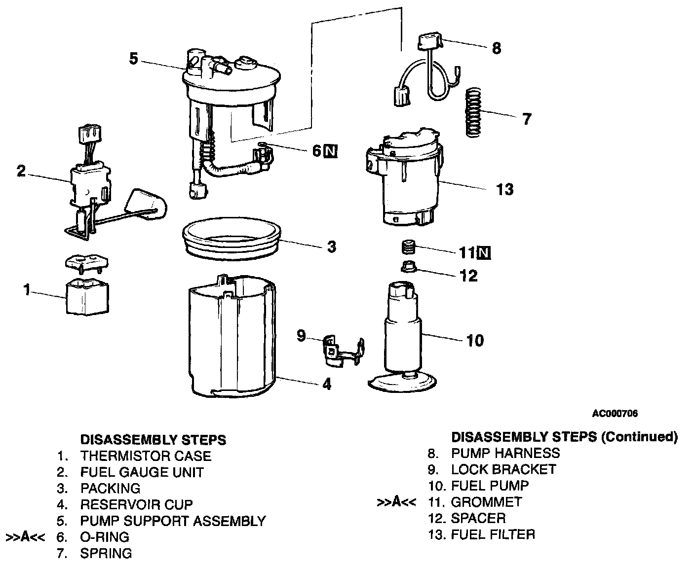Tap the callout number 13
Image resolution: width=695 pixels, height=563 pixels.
point(505,189)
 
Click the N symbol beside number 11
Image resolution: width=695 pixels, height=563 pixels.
point(484,253)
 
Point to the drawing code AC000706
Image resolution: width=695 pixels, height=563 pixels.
point(615,414)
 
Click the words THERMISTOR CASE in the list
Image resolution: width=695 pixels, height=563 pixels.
point(146,456)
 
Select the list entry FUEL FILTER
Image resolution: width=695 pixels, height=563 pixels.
point(493,534)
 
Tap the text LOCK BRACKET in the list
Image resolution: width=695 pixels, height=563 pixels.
point(503,469)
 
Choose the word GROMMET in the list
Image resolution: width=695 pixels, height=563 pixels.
point(486,502)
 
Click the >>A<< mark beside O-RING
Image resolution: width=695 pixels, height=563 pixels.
point(25,536)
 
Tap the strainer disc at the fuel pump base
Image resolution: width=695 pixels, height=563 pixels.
point(402,384)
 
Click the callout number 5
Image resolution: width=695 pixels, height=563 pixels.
point(133,59)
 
